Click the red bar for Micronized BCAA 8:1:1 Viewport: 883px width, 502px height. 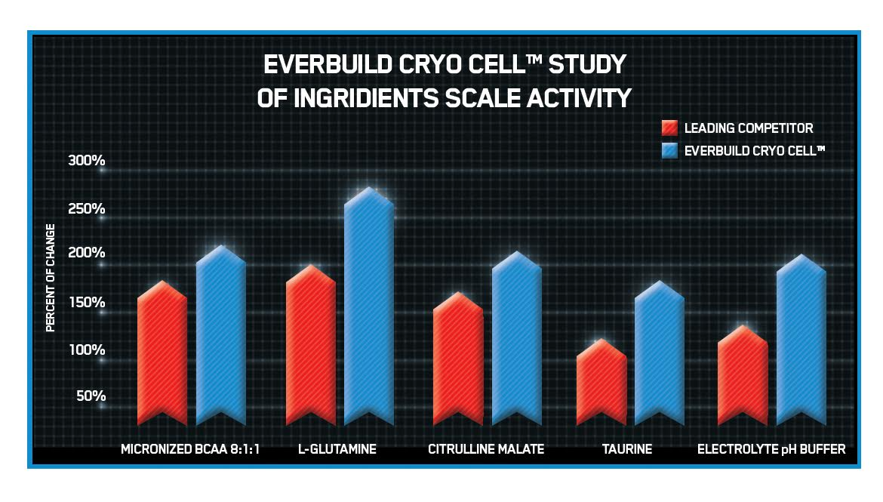tap(162, 355)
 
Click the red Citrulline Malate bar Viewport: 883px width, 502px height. tap(458, 359)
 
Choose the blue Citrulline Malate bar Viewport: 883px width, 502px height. tap(517, 340)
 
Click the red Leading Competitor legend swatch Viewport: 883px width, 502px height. tap(669, 128)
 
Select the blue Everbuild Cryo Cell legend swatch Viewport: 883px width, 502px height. tap(669, 150)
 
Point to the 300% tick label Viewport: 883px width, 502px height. tap(87, 160)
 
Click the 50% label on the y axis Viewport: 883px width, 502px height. tap(91, 396)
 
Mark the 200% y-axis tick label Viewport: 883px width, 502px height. tap(87, 253)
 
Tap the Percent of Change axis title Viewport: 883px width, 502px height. tap(51, 278)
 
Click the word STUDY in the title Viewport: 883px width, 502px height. tap(588, 65)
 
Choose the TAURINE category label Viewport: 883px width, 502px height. tap(627, 449)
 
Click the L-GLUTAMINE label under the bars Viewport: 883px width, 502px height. tap(337, 449)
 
